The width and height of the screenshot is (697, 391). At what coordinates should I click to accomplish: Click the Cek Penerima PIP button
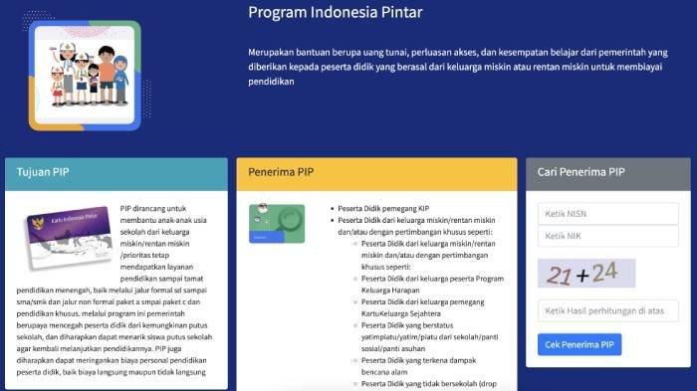[580, 345]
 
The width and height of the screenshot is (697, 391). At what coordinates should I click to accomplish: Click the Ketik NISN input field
[607, 214]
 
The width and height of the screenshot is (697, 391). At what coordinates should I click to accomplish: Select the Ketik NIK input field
[607, 236]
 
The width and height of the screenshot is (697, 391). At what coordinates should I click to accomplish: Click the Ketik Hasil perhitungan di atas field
[607, 311]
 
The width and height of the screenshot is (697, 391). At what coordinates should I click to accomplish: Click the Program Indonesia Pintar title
[335, 13]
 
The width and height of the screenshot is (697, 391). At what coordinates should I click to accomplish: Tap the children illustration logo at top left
[85, 74]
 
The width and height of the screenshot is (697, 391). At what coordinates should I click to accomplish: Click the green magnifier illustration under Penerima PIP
[277, 224]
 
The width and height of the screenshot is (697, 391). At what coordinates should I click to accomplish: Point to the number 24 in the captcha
[604, 270]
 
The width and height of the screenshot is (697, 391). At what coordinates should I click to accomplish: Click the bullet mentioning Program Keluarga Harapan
[428, 284]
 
